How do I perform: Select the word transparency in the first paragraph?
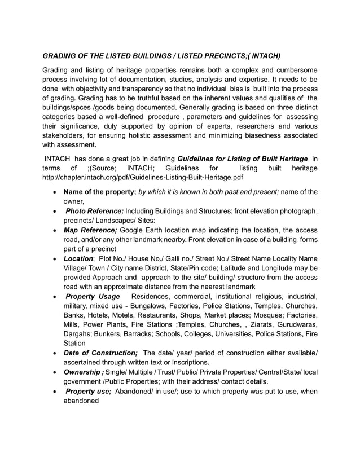point(135,89)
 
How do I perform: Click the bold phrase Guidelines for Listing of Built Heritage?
point(243,159)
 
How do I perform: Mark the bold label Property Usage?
point(93,297)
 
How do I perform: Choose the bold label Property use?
point(89,391)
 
